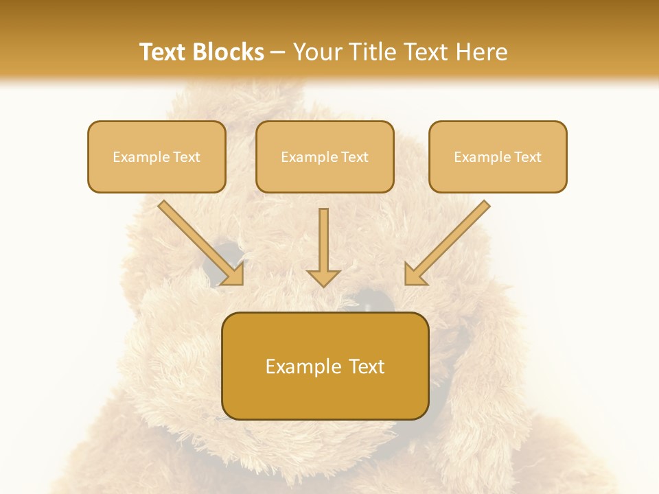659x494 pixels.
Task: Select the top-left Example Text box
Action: coord(157,156)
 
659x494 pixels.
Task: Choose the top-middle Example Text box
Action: coord(325,156)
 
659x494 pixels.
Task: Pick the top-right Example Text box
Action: coord(498,156)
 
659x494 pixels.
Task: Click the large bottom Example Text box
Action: coord(325,366)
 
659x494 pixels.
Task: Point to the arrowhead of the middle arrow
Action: coord(323,277)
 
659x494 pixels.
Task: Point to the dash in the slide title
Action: coord(278,53)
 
